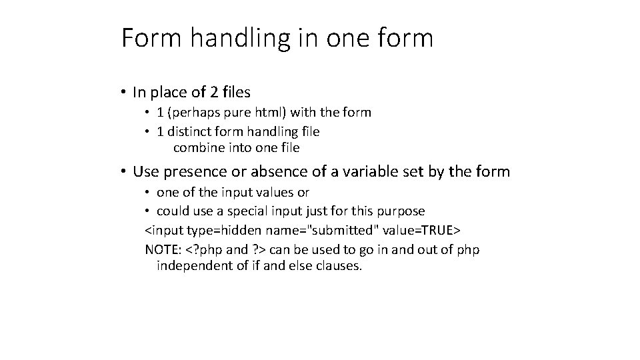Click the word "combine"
[x=196, y=147]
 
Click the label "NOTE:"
[x=163, y=249]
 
